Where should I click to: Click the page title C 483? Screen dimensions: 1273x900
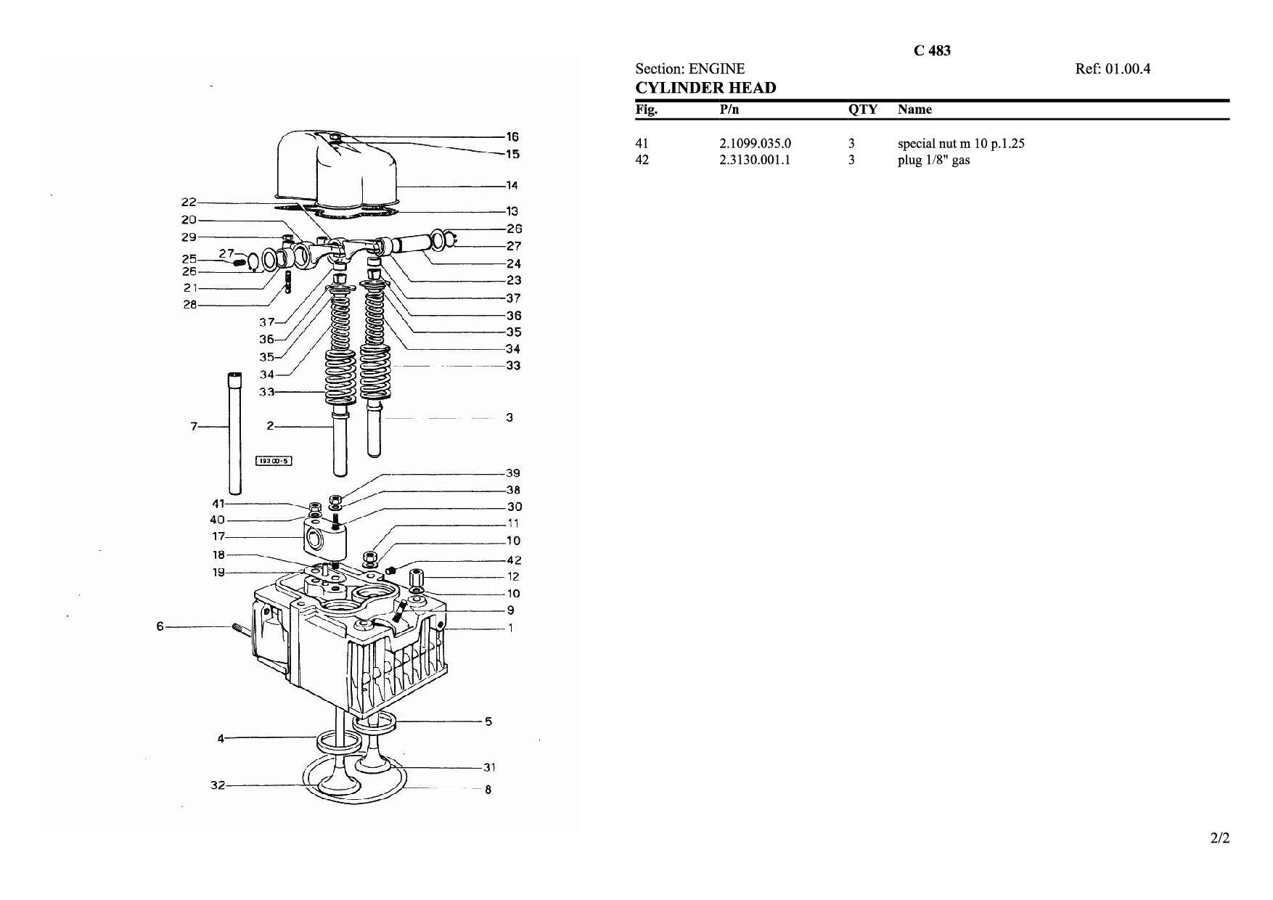coord(932,51)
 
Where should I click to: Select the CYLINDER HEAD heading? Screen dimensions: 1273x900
coord(705,88)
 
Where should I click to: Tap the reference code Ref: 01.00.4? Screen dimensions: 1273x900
coord(1113,69)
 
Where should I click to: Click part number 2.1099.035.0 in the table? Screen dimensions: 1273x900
coord(755,143)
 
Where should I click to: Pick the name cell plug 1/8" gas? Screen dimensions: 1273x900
coord(933,160)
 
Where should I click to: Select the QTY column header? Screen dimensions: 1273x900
coord(863,110)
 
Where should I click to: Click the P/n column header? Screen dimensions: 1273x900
coord(729,110)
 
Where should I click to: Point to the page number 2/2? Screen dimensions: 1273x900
coord(1220,838)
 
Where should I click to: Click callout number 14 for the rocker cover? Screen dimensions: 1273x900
coord(512,185)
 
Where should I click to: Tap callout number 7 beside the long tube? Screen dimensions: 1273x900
coord(194,427)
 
